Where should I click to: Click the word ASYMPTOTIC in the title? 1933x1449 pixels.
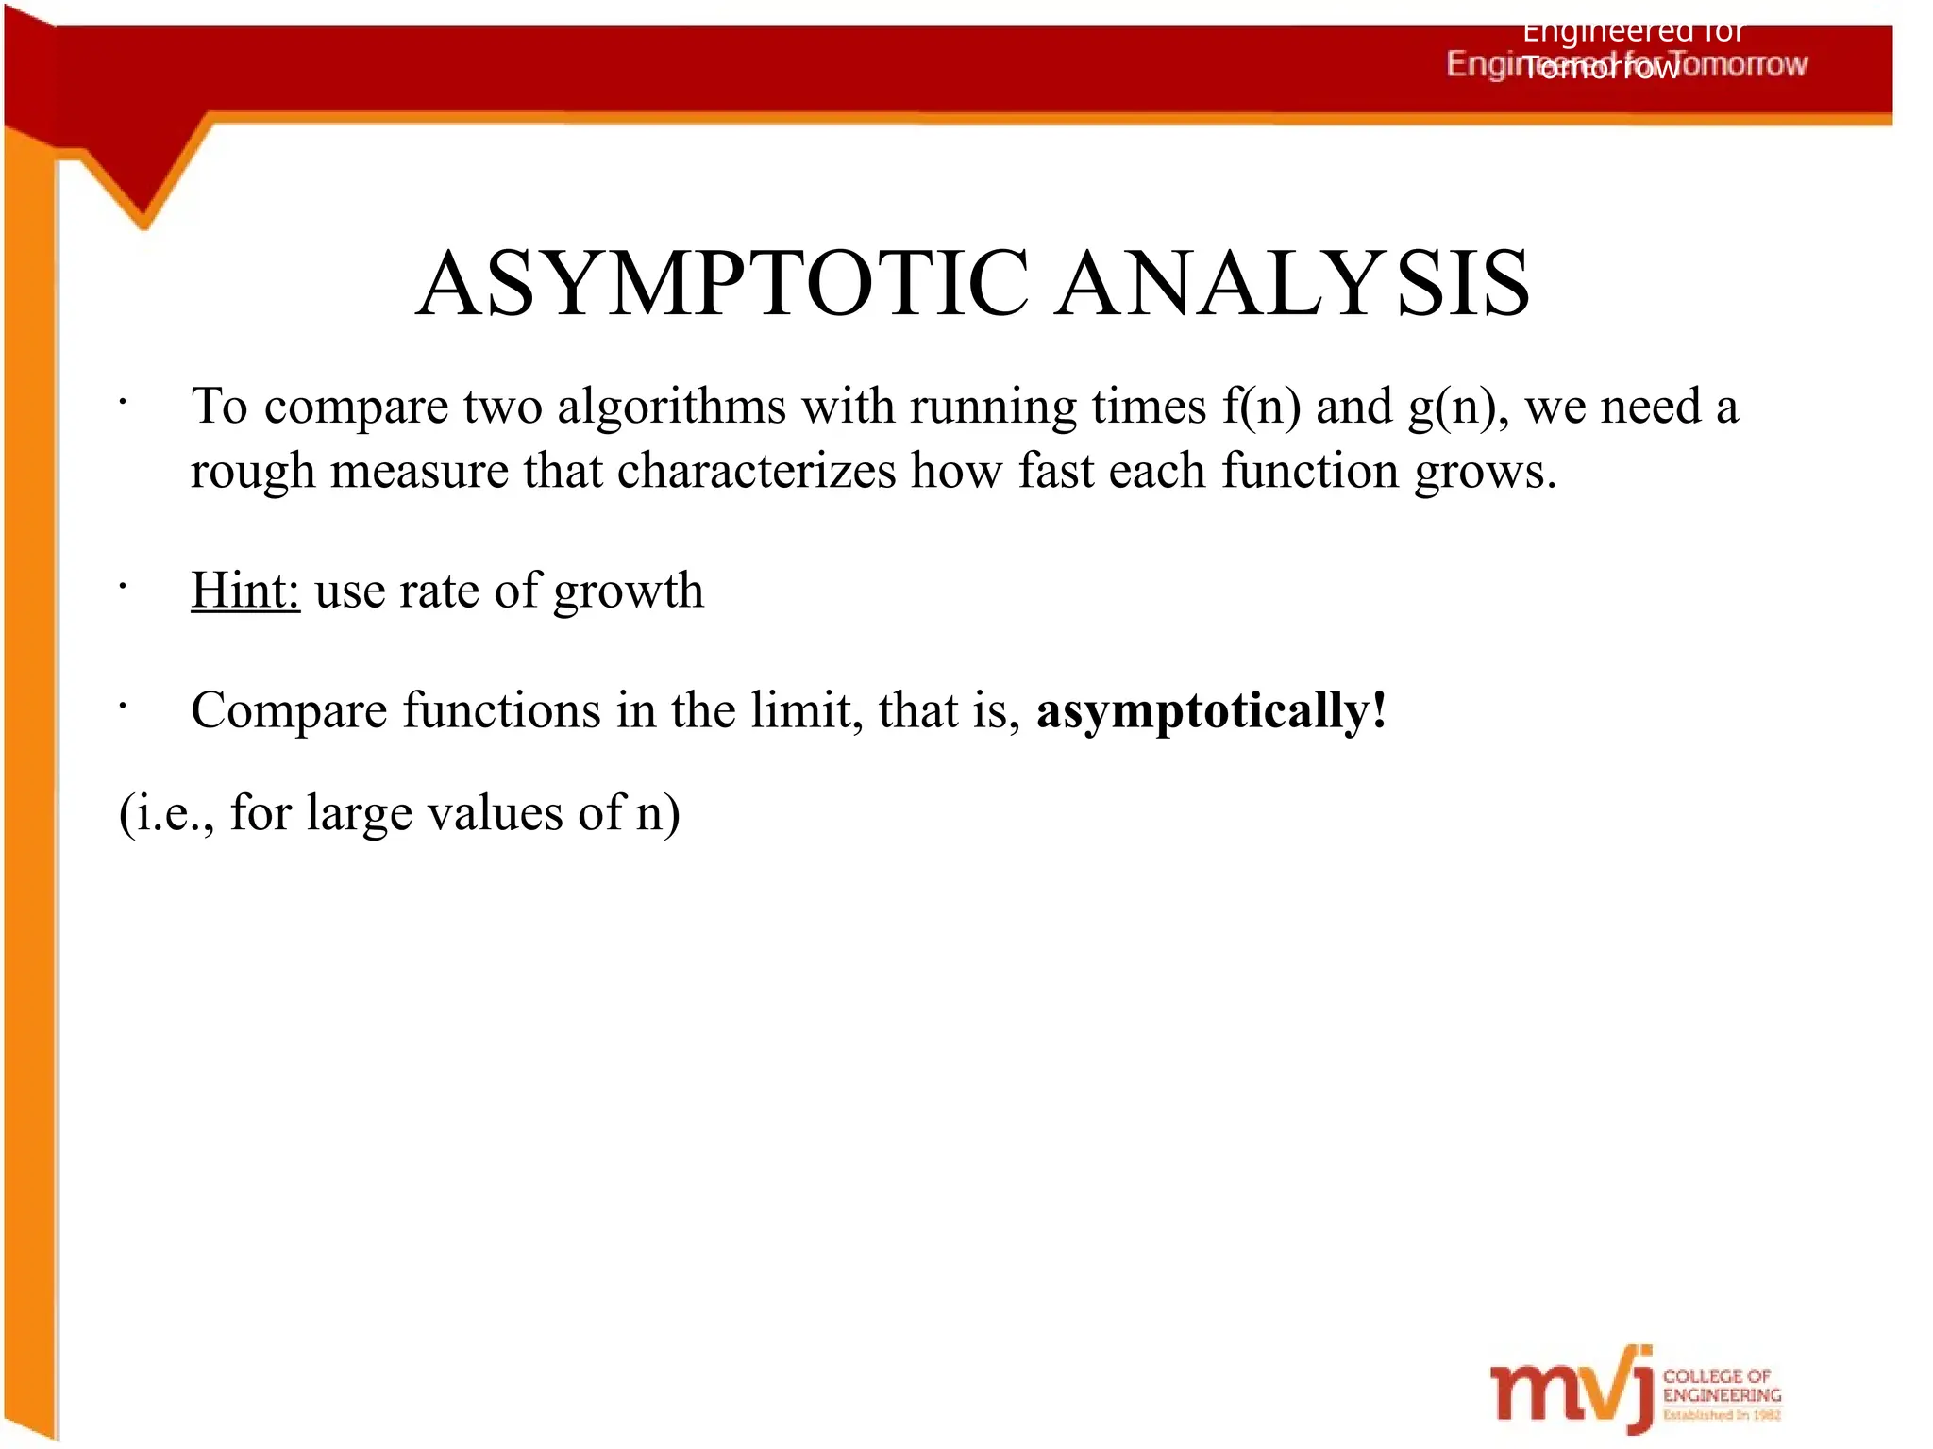tap(722, 283)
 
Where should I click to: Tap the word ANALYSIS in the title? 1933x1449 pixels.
tap(1293, 283)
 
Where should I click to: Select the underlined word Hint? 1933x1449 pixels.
tap(245, 591)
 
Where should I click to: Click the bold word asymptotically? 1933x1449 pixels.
tap(1212, 710)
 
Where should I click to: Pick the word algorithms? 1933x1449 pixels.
tap(671, 407)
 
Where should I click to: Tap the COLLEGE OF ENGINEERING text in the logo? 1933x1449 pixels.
tap(1722, 1386)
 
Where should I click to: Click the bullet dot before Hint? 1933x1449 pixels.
tap(123, 587)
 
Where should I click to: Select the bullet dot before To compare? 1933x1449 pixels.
tap(123, 403)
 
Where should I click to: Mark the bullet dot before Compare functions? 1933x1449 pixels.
tap(123, 706)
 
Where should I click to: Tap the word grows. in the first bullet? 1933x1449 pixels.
tap(1484, 472)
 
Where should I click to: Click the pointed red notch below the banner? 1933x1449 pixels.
tap(143, 203)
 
